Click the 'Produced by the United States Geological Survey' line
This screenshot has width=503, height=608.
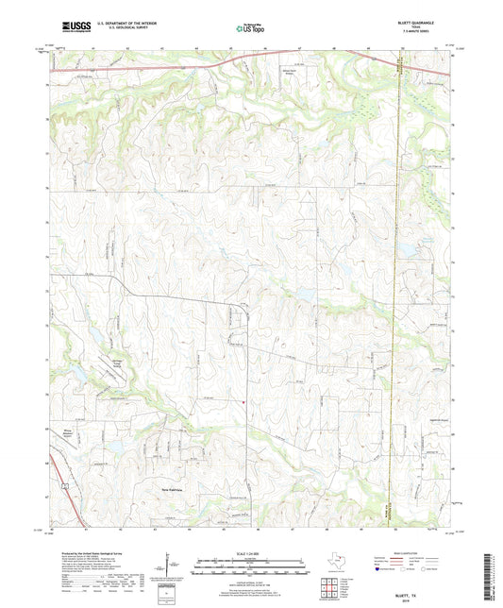(x=92, y=549)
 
